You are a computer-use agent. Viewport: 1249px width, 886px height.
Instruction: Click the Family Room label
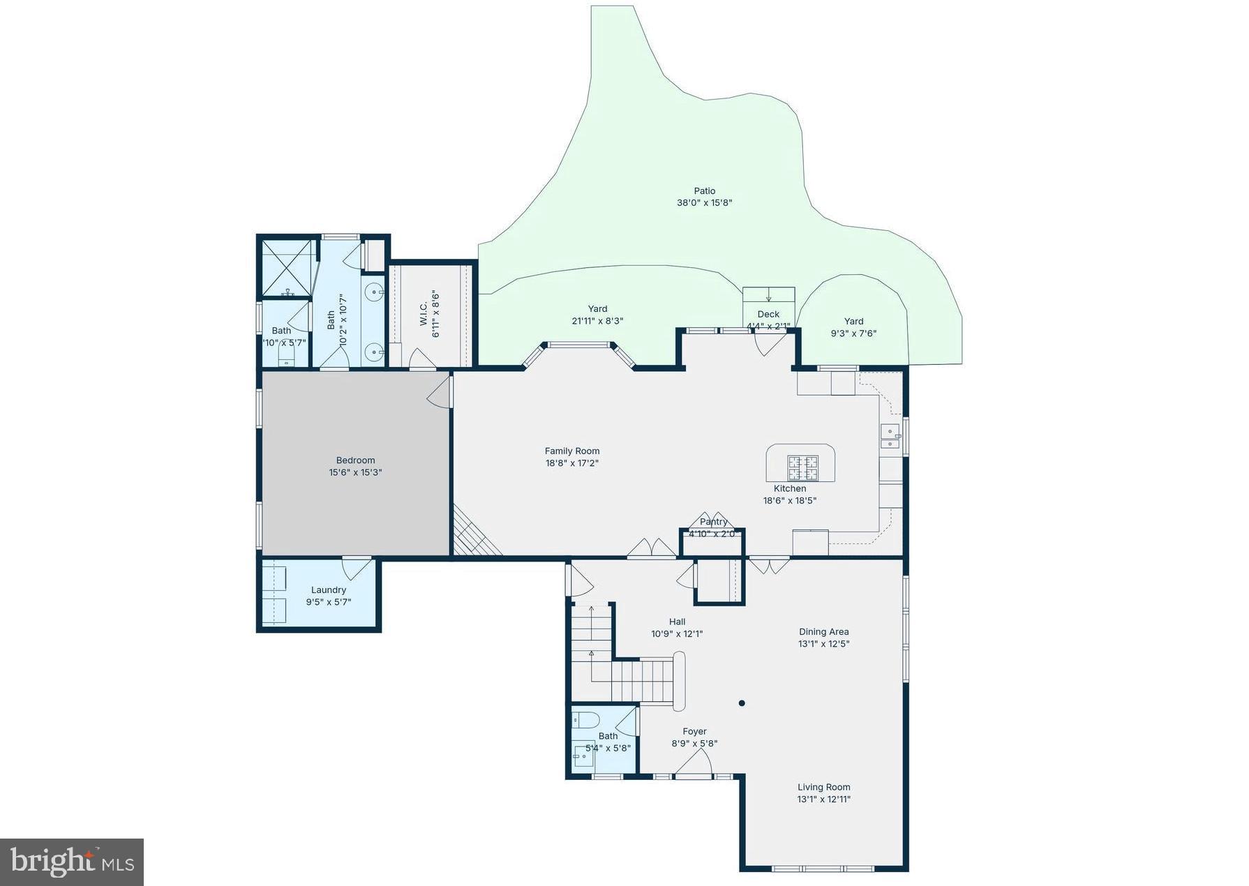[572, 451]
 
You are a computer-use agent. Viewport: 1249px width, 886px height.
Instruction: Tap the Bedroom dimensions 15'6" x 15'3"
[355, 472]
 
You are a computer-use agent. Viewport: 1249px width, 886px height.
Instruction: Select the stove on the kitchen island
[802, 468]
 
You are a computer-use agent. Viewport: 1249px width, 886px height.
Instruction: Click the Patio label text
[704, 190]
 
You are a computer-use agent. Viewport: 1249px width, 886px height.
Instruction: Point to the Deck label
[768, 314]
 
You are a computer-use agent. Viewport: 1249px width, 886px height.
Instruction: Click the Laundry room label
[328, 590]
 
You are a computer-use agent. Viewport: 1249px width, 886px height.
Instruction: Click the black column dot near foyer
[742, 703]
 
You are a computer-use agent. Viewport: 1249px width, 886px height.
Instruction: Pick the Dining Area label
[823, 631]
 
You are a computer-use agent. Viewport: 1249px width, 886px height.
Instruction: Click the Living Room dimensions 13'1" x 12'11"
[823, 799]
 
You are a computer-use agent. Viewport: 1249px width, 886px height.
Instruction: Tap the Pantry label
[713, 522]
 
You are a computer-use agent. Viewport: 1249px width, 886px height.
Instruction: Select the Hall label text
[677, 622]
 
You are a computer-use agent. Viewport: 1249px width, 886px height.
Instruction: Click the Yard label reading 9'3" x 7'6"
[853, 327]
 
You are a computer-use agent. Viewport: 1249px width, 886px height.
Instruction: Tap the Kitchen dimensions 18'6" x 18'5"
[789, 500]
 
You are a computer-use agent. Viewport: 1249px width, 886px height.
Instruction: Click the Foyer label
[694, 731]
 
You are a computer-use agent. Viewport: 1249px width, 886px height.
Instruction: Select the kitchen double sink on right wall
[890, 436]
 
